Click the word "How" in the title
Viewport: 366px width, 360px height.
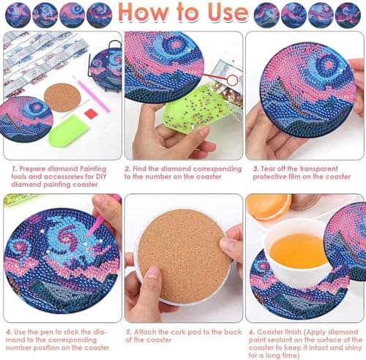click(141, 13)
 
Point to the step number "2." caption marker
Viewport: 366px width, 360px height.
click(127, 167)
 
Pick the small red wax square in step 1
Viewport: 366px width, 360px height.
click(90, 113)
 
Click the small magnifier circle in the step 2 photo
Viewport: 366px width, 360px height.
click(234, 78)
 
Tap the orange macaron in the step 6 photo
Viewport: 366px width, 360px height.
click(268, 206)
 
